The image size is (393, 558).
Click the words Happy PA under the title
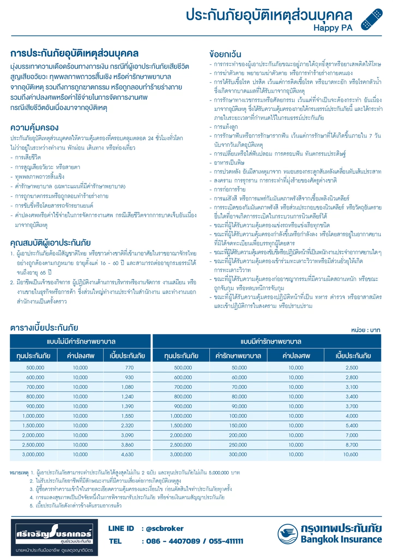(x=333, y=28)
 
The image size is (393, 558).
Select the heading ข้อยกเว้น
(x=225, y=54)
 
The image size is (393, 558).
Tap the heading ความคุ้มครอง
(x=34, y=128)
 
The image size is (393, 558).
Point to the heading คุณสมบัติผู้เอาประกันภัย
(x=50, y=243)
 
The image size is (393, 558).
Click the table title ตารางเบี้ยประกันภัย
(x=44, y=328)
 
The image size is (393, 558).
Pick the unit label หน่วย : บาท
(x=365, y=330)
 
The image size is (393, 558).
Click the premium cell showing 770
(x=129, y=368)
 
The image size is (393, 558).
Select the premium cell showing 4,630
(x=127, y=454)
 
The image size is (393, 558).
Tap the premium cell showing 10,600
(x=350, y=454)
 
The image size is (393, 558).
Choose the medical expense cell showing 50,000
(x=239, y=368)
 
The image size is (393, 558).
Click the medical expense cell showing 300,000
(x=238, y=454)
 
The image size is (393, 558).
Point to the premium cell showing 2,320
(x=127, y=426)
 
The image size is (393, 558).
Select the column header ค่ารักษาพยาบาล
(x=238, y=356)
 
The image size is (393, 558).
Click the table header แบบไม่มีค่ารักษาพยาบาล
(x=81, y=341)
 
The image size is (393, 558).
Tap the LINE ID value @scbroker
(x=165, y=529)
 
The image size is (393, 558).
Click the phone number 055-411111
(x=226, y=541)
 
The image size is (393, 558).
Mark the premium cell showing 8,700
(x=352, y=445)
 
